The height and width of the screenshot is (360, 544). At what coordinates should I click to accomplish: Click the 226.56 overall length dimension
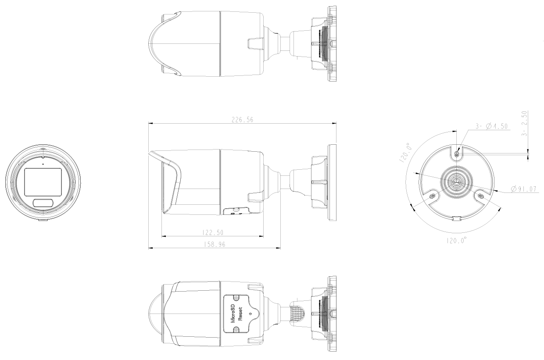(242, 120)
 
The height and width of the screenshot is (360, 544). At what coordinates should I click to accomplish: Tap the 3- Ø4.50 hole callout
(491, 126)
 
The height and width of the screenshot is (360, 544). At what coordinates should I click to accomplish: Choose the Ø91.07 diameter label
(525, 189)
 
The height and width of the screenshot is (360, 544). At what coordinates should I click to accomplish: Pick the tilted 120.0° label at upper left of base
(406, 152)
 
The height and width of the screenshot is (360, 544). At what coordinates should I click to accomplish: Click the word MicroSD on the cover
(233, 312)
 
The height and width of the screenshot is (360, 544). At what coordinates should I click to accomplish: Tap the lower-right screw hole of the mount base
(480, 196)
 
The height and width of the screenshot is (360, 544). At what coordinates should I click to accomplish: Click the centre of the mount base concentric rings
(457, 181)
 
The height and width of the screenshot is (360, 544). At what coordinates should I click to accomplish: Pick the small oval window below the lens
(43, 203)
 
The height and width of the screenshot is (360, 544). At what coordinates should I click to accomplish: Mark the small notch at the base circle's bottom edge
(457, 218)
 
